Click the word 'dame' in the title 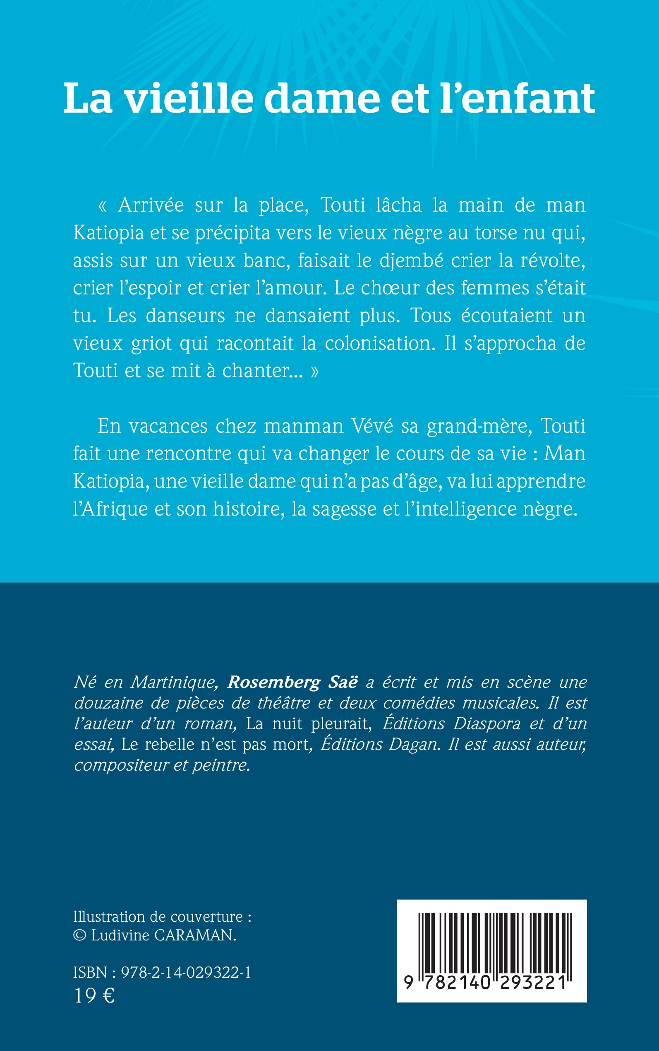(x=322, y=99)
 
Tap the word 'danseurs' (x=185, y=316)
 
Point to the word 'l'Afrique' (x=111, y=509)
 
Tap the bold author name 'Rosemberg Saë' (x=292, y=682)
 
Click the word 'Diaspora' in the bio (x=487, y=724)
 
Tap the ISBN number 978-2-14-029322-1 (x=186, y=972)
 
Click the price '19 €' (x=94, y=996)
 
